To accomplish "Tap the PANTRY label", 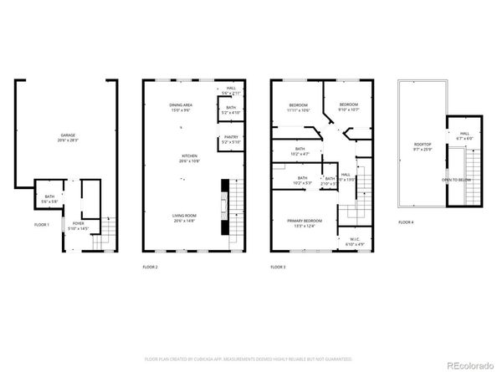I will point(229,139).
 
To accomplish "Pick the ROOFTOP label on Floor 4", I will point(423,145).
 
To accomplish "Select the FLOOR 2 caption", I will point(150,267).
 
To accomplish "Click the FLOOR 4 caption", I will point(406,222).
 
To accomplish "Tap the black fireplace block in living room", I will point(223,207).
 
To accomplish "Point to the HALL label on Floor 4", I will point(464,132).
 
